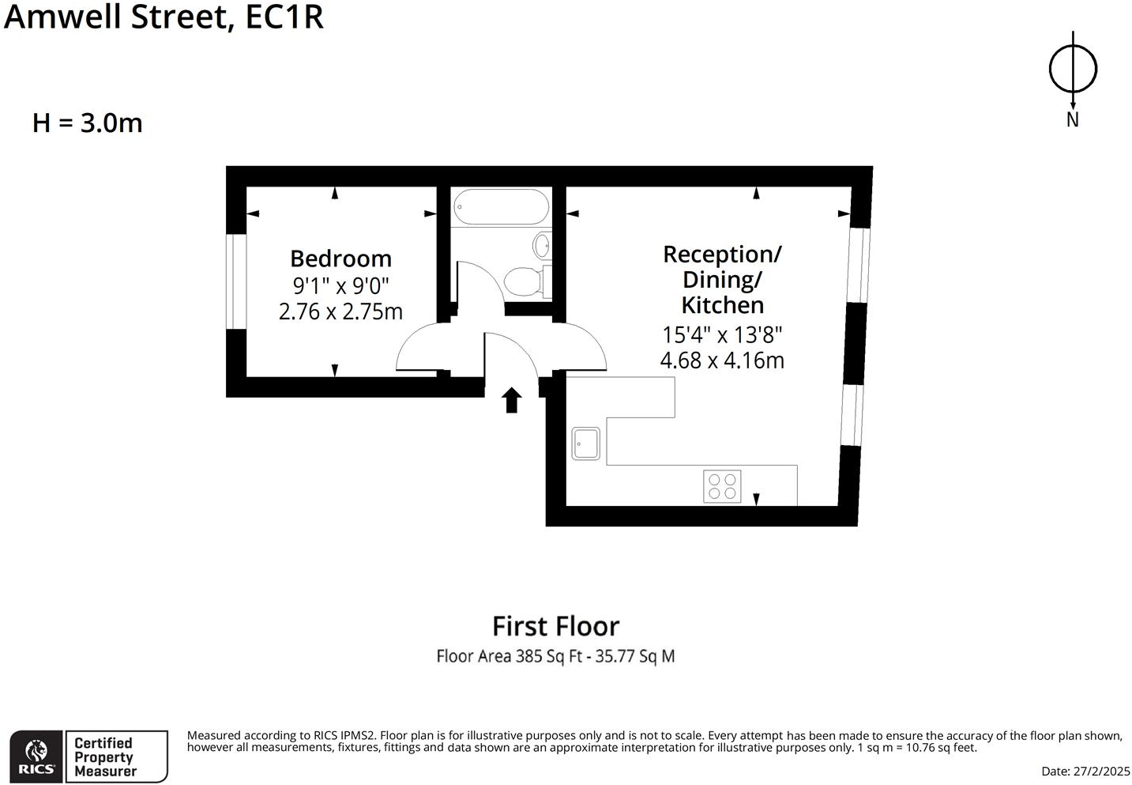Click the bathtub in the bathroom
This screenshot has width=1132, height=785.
pyautogui.click(x=501, y=207)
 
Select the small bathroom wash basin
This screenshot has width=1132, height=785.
pyautogui.click(x=542, y=245)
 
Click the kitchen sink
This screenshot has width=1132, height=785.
pyautogui.click(x=586, y=443)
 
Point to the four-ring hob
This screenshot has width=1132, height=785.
pyautogui.click(x=722, y=486)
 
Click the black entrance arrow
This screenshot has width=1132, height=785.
pyautogui.click(x=512, y=400)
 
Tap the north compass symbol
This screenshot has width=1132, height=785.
pyautogui.click(x=1073, y=69)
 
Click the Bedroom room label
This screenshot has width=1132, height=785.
pyautogui.click(x=340, y=259)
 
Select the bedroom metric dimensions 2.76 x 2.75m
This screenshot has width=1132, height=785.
pyautogui.click(x=340, y=311)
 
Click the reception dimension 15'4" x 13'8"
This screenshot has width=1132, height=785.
pyautogui.click(x=722, y=334)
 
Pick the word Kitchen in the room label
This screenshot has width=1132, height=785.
pyautogui.click(x=722, y=305)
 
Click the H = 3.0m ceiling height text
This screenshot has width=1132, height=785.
pyautogui.click(x=88, y=123)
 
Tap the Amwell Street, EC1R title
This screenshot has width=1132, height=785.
pyautogui.click(x=164, y=17)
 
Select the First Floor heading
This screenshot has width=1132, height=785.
pyautogui.click(x=555, y=626)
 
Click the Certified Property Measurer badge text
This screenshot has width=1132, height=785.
pyautogui.click(x=105, y=757)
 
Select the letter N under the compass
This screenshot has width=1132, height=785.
pyautogui.click(x=1072, y=120)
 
